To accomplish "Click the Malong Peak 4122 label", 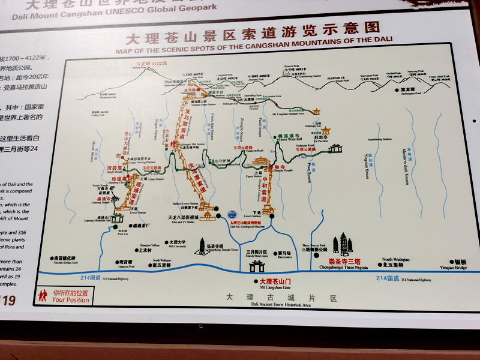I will click(x=151, y=64).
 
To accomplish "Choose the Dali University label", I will click(x=176, y=243).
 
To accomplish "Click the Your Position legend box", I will click(x=64, y=296).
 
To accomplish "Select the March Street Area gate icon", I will click(x=256, y=266).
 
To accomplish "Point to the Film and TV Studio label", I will click(x=182, y=219).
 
